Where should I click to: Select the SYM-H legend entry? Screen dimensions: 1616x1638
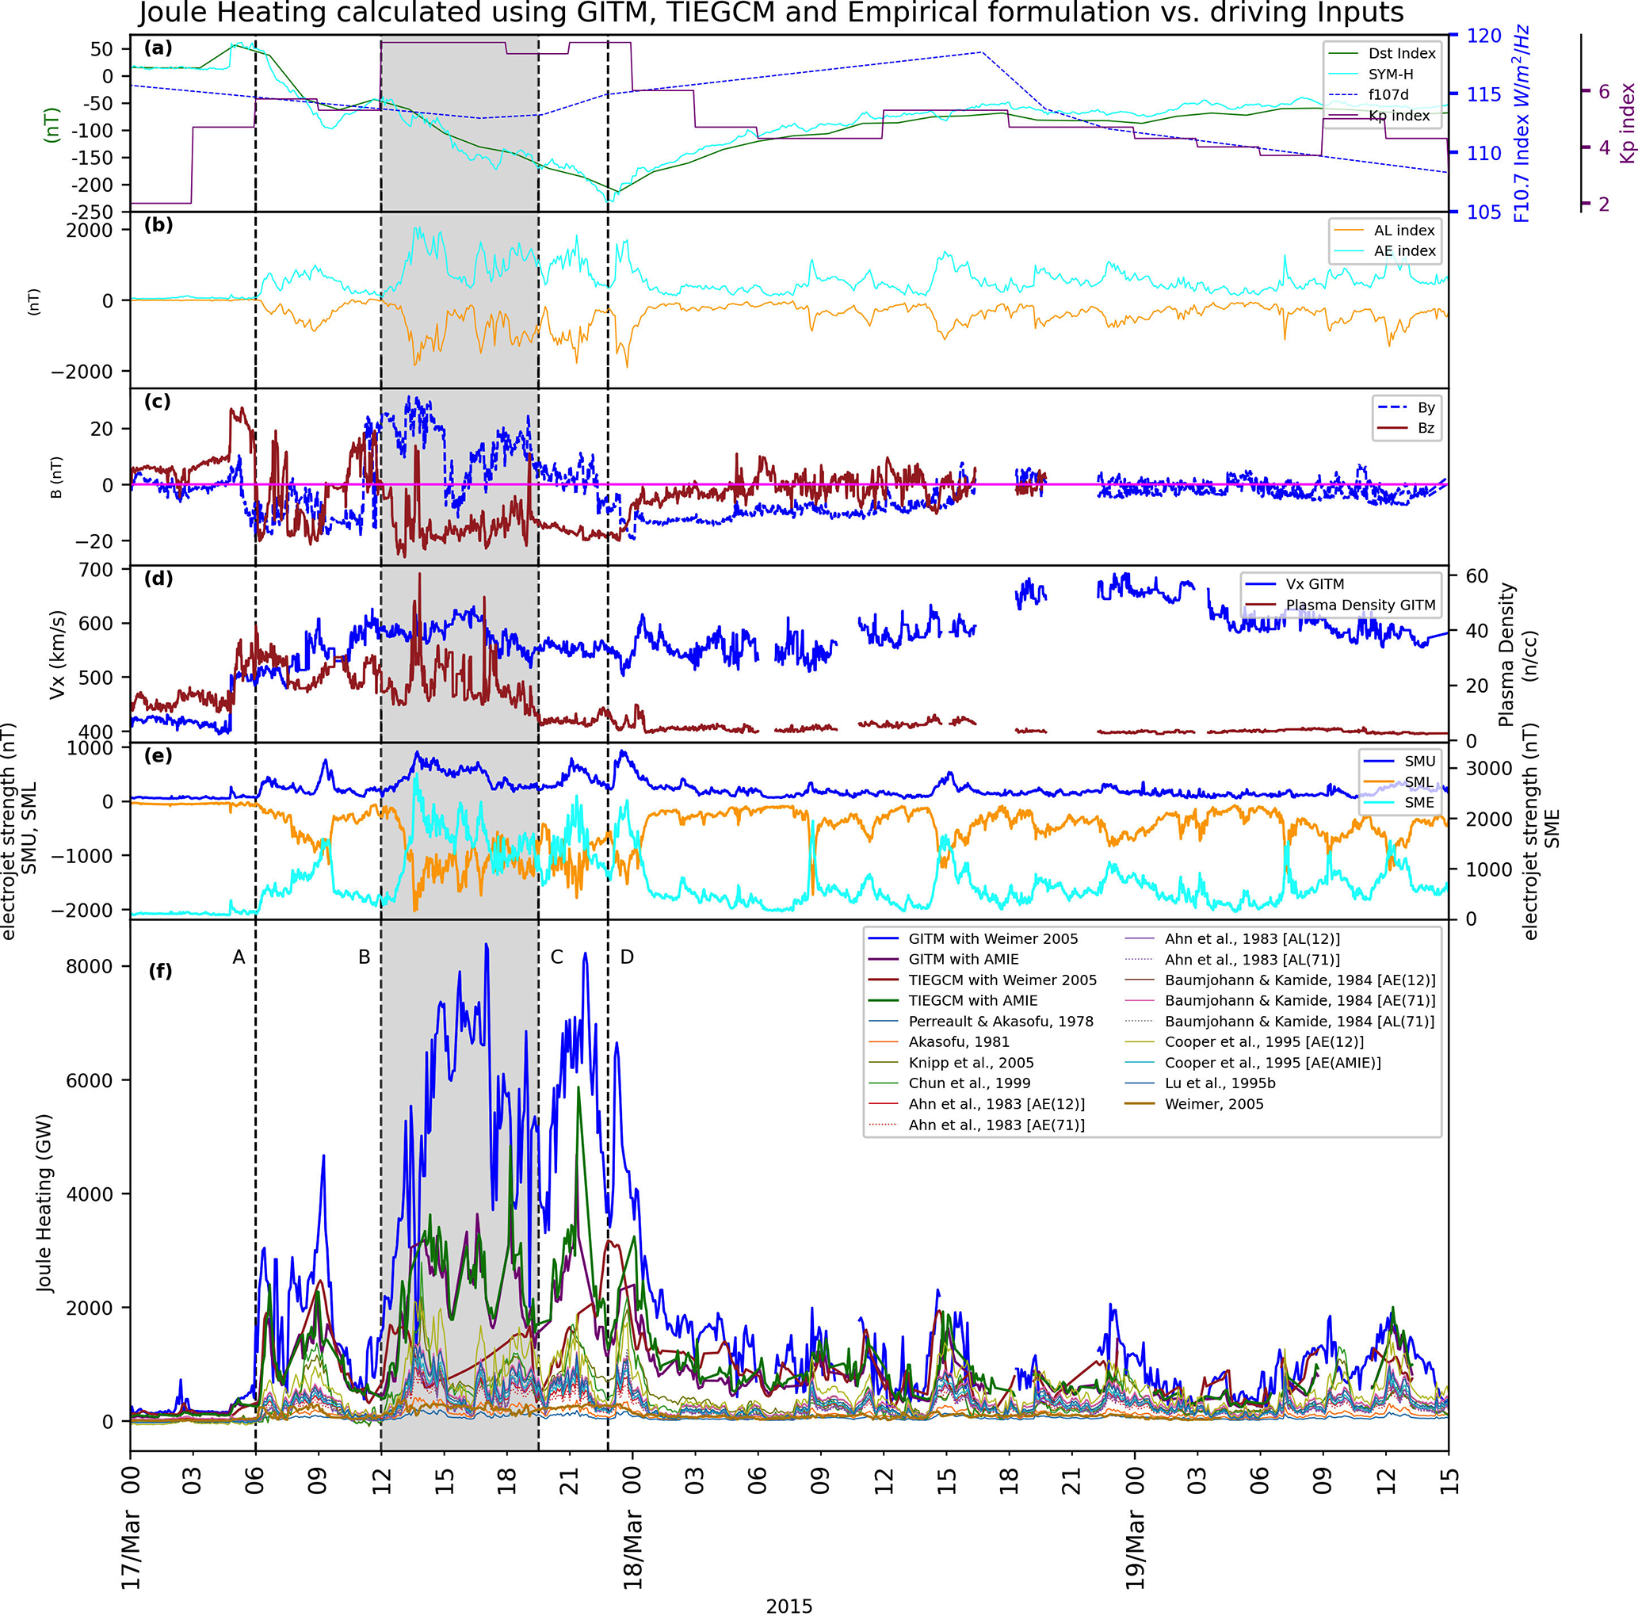coord(1391,74)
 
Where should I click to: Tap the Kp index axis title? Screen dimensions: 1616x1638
coord(1627,124)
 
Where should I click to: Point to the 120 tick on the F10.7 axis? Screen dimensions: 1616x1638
coord(1483,36)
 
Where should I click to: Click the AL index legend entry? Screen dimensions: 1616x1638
coord(1404,231)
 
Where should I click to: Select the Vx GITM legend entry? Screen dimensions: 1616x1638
coord(1315,584)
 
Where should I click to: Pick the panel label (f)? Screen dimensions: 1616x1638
coord(160,971)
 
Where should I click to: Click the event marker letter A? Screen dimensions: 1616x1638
coord(239,957)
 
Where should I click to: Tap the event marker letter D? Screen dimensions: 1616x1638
coord(628,957)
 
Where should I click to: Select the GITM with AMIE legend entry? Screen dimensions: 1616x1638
coord(963,959)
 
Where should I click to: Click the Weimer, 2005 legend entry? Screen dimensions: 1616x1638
coord(1213,1104)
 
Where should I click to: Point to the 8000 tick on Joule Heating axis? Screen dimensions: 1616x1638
coord(88,967)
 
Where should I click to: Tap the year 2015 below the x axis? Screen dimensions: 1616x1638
coord(788,1606)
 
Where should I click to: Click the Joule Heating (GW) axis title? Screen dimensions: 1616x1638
coord(44,1203)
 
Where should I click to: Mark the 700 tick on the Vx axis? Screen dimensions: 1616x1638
coord(96,570)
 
